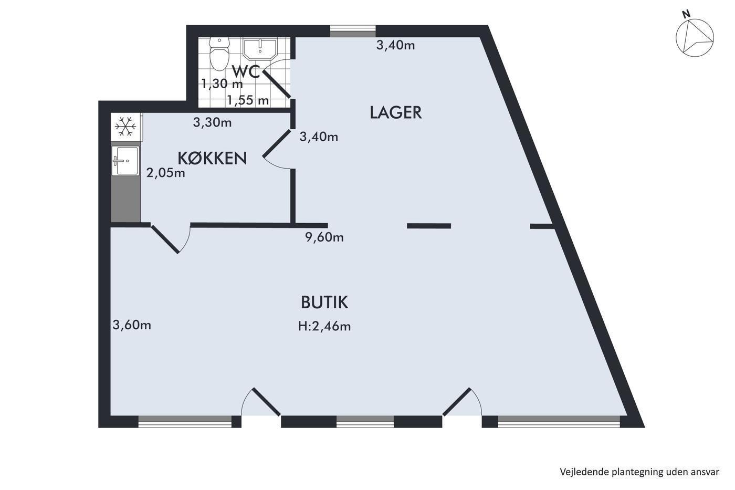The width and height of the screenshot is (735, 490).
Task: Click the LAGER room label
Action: coord(395,112)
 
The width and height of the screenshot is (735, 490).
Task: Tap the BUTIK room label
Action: coord(324,303)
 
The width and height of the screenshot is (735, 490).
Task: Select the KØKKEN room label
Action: coord(212,158)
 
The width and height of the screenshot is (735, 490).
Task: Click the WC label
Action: coord(246,71)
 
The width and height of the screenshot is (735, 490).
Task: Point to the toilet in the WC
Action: coord(219,54)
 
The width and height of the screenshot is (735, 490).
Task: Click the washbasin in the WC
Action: coord(260,48)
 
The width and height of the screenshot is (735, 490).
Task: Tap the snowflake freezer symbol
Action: coord(125,126)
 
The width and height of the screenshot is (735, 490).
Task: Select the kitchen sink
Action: coord(125,161)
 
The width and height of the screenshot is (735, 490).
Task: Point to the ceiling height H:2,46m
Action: coord(324,326)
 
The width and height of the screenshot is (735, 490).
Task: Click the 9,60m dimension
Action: coord(324,237)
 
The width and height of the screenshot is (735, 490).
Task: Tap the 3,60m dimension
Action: coord(132,325)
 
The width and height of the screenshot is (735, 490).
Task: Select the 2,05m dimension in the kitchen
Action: coord(165,173)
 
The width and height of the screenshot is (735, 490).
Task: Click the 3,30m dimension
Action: coord(212,122)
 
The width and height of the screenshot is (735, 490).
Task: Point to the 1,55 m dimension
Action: coord(248,100)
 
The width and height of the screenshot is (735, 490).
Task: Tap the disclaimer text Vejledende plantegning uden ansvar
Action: coord(639,472)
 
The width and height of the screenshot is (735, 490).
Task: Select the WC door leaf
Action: coord(276,84)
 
